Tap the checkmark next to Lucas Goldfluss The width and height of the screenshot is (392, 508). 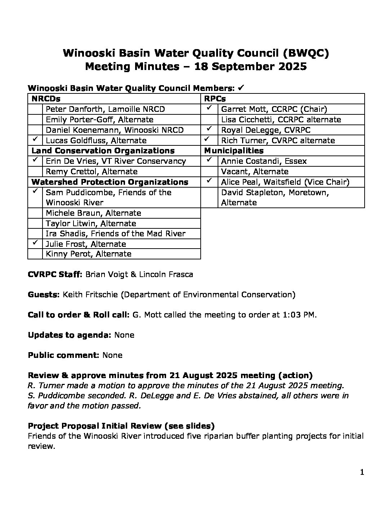35,140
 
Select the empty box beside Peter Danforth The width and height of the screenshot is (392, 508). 35,109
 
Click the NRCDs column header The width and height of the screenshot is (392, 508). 46,99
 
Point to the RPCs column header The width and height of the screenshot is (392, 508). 215,99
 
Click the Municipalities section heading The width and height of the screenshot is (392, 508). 233,151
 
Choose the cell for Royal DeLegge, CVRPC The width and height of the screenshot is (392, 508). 266,130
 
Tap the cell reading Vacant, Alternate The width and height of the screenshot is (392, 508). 255,172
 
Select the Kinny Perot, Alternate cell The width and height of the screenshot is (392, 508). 88,254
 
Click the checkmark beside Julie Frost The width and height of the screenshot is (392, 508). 35,243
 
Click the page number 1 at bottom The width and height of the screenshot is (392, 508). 362,472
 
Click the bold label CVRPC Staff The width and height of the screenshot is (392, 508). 55,275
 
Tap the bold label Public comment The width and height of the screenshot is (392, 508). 63,355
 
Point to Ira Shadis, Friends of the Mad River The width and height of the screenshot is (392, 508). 115,234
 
